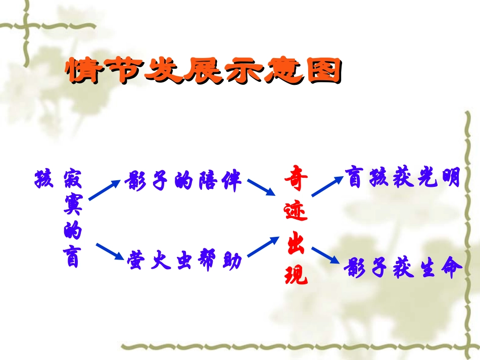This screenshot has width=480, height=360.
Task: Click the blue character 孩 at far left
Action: coord(43,179)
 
